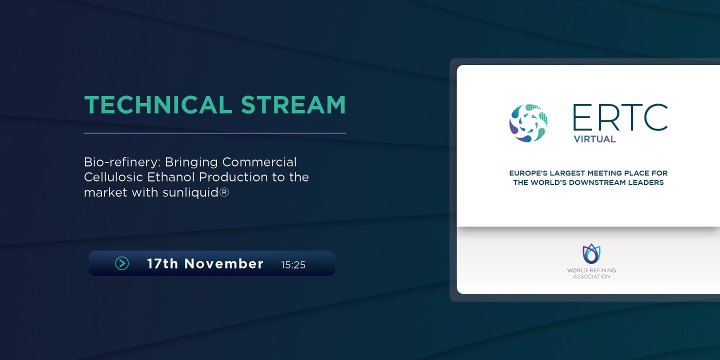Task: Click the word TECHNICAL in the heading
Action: click(158, 105)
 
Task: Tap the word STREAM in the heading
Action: click(293, 105)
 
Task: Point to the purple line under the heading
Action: click(215, 133)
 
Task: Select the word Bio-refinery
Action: click(122, 162)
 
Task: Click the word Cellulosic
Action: click(113, 177)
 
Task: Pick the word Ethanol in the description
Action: click(170, 177)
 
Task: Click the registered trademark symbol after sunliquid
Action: click(224, 192)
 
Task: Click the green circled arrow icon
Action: click(122, 263)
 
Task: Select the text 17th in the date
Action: click(162, 264)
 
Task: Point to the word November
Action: click(224, 264)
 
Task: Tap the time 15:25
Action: click(293, 265)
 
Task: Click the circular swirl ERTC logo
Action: click(528, 123)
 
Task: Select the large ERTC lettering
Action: click(620, 117)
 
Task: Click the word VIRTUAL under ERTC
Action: click(594, 139)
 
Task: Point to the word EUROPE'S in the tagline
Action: click(528, 173)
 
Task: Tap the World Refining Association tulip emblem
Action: click(591, 253)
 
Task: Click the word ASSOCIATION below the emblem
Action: click(591, 277)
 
